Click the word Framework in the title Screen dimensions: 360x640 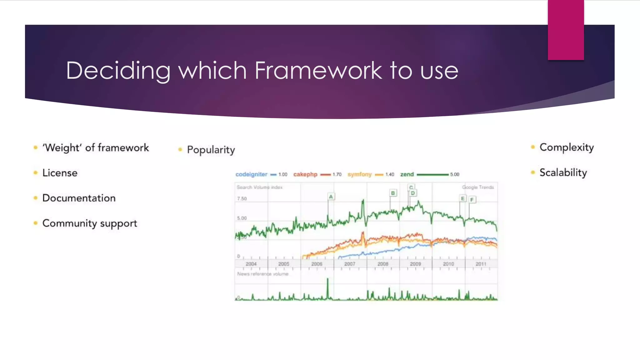click(318, 70)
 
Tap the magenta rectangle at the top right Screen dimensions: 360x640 click(566, 30)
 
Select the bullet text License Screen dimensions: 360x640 click(60, 173)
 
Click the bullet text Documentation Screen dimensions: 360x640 click(79, 198)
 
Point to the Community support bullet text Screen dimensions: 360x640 click(90, 223)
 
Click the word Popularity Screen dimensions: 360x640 click(211, 150)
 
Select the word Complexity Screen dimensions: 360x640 click(567, 147)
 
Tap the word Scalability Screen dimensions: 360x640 click(563, 172)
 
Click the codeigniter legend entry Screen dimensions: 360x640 click(251, 174)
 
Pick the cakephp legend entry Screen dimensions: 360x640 click(305, 174)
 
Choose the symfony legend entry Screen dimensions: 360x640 click(359, 174)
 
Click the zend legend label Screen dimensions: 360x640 click(407, 174)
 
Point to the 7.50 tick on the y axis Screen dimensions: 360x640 click(242, 199)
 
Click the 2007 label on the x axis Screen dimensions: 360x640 click(350, 264)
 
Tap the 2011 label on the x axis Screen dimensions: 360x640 click(481, 264)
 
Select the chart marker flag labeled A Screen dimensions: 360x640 click(331, 197)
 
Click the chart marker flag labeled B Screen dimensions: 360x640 click(393, 193)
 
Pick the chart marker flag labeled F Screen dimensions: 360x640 click(472, 199)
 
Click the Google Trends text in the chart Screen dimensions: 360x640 click(478, 187)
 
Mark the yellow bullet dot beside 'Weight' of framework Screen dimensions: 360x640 click(36, 147)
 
